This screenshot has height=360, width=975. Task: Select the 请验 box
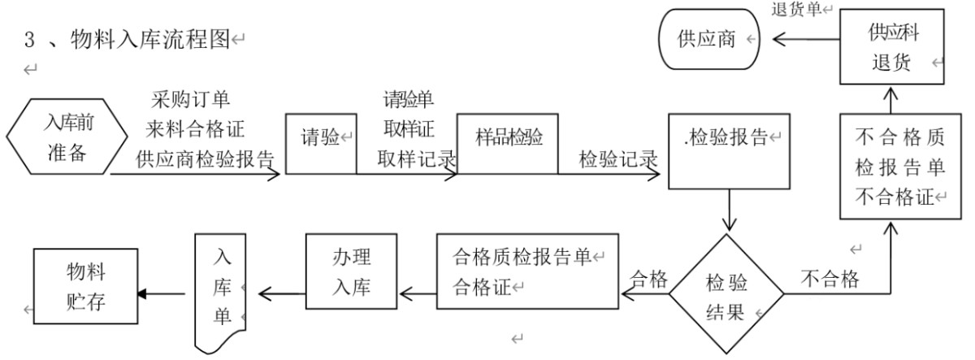point(321,143)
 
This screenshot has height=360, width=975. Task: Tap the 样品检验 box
point(507,143)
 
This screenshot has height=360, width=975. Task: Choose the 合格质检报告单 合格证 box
point(527,272)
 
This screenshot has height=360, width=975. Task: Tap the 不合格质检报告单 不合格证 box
point(892,167)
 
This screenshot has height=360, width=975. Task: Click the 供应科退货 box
point(892,49)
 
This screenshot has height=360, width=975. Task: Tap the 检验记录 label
point(617,158)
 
